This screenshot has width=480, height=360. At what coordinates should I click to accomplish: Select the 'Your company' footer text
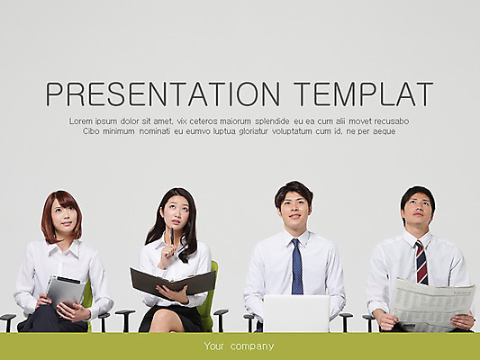[239, 346]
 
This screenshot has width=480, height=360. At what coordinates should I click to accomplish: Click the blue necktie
[297, 266]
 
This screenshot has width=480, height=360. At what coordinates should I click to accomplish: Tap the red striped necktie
[421, 263]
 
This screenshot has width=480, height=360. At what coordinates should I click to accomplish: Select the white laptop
[295, 312]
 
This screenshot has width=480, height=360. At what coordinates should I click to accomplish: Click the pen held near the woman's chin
[170, 236]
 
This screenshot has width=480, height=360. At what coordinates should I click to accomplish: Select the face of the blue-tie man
[294, 206]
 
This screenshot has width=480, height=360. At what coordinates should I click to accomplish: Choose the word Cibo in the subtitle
[92, 131]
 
